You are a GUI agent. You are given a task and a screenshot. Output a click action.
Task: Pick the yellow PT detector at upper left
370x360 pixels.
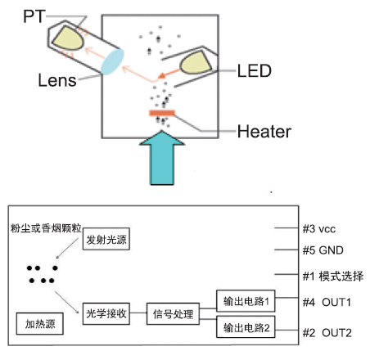[70, 34]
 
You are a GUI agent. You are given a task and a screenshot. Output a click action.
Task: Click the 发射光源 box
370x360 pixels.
[108, 239]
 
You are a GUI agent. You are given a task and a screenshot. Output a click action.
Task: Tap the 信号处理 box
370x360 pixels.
[171, 313]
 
